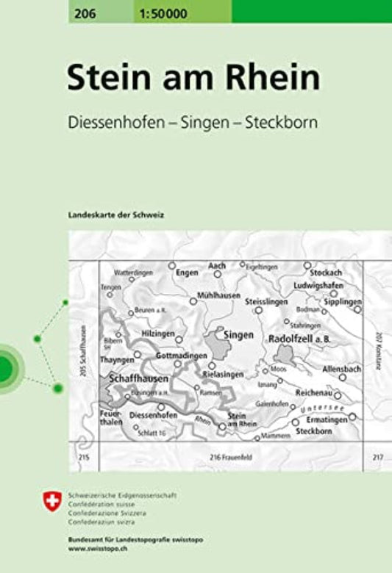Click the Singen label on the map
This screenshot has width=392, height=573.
coord(238,334)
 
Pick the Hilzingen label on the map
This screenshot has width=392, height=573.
coord(159,333)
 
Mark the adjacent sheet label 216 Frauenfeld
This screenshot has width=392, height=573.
coord(226,458)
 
